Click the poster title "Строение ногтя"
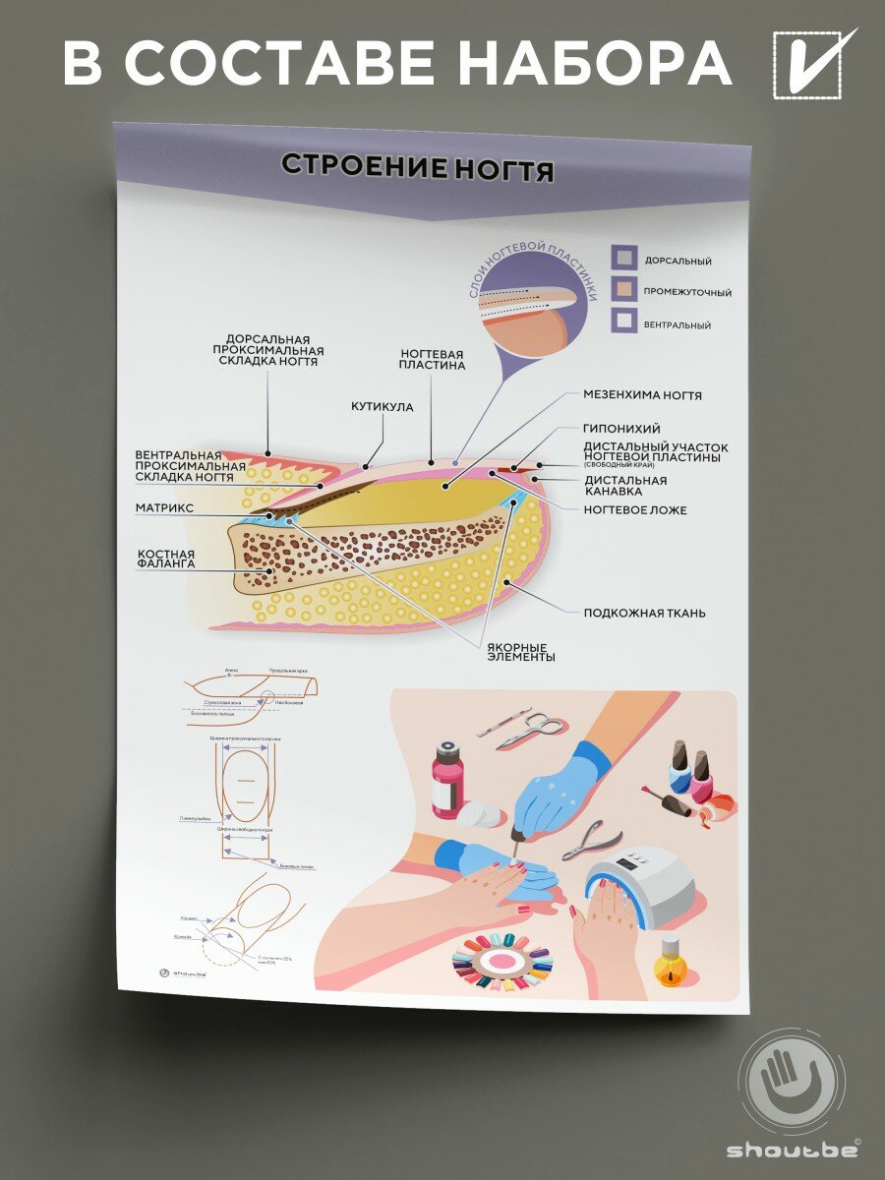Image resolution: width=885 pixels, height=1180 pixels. pos(417,166)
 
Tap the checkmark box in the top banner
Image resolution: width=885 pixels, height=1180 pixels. pos(808,65)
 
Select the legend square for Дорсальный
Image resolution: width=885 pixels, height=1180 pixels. pos(623,259)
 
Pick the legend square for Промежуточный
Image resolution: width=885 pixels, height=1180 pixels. pos(623,290)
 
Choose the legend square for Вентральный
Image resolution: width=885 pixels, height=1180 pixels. pos(623,322)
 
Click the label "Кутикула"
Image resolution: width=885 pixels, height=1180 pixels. pos(383,406)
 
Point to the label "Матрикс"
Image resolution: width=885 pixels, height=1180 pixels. pos(164,508)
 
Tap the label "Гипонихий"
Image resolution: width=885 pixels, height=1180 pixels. pos(621,429)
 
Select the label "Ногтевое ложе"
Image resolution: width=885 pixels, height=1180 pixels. pos(634,510)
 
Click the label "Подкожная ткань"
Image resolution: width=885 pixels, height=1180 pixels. pos(644,613)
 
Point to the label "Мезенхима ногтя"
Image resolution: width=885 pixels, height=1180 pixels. pos(642,395)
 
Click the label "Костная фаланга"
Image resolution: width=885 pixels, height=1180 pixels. pos(166,559)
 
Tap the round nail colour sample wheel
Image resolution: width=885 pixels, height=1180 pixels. pos(503,959)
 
